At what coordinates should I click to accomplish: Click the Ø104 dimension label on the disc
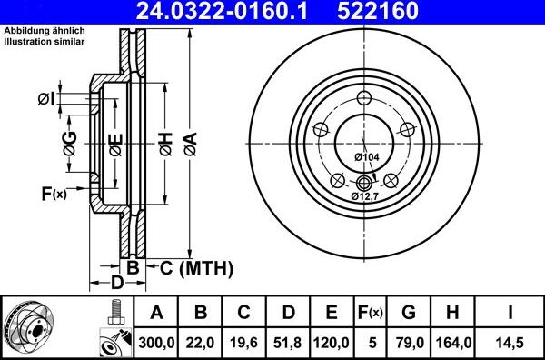tap(366, 157)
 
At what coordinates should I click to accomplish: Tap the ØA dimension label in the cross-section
tap(189, 141)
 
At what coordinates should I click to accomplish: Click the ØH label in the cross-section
tap(165, 141)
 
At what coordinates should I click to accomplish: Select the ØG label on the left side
tap(69, 141)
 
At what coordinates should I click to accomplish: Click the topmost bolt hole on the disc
tap(365, 99)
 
